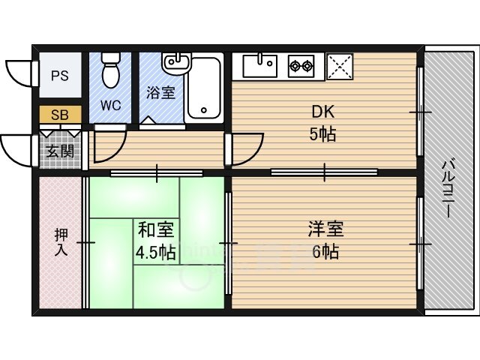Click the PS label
[60, 76]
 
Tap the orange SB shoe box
[60, 115]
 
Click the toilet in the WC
[111, 70]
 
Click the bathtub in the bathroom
[203, 88]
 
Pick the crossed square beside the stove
[340, 65]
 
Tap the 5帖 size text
[323, 135]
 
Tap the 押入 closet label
[61, 241]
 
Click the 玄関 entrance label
[60, 151]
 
